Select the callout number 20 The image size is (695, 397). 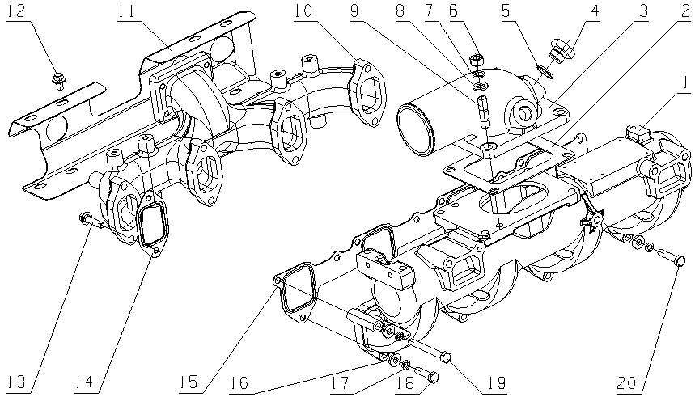click(x=628, y=382)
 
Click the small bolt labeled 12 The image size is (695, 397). click(x=60, y=79)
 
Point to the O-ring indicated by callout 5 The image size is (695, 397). click(x=545, y=74)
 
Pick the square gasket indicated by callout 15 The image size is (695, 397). click(x=296, y=293)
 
